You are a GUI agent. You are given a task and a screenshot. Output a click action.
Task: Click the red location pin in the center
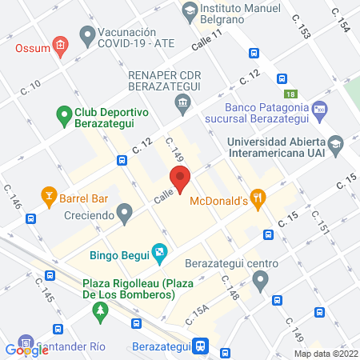[179, 180]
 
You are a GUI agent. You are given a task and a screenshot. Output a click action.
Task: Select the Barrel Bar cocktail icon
[49, 195]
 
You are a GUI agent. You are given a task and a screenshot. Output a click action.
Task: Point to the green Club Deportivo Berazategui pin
[64, 117]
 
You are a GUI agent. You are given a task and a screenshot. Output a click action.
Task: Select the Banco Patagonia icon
[319, 108]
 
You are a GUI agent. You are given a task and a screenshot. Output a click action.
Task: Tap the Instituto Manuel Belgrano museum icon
[190, 10]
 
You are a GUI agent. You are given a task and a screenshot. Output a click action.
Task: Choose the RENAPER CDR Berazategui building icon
[182, 102]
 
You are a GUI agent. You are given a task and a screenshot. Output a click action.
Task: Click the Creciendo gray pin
[124, 213]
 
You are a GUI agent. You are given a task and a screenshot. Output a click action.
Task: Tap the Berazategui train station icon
[202, 346]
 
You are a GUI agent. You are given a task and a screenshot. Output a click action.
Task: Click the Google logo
[27, 350]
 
